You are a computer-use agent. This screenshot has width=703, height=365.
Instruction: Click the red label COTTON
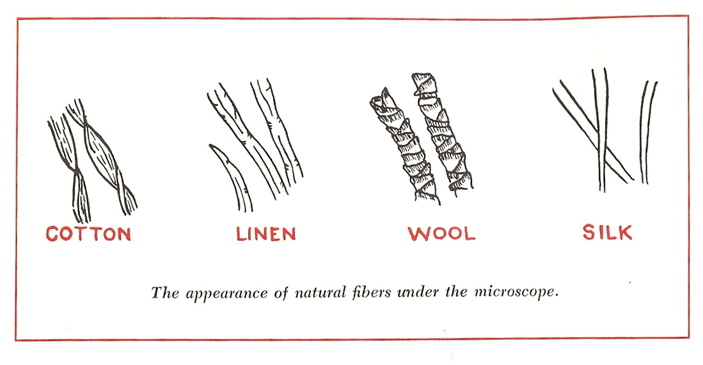click(88, 234)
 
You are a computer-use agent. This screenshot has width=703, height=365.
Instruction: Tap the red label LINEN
click(265, 234)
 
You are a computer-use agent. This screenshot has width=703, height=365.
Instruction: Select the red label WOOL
click(442, 233)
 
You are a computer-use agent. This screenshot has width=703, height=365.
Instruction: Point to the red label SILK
click(607, 232)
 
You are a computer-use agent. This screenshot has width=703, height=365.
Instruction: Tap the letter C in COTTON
click(53, 234)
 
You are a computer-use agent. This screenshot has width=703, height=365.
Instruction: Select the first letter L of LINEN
click(242, 234)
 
